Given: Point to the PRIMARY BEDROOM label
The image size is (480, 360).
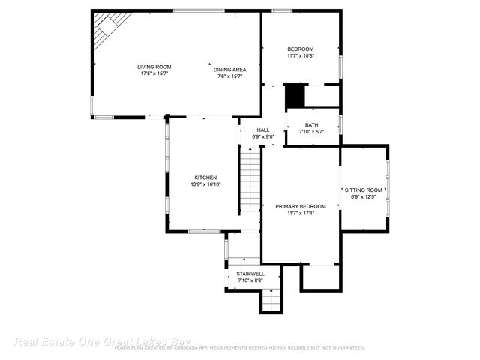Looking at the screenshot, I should click(x=300, y=206).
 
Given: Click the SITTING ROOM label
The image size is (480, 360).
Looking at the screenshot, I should click(x=367, y=190).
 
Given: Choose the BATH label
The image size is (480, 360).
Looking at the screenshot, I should click(x=311, y=125).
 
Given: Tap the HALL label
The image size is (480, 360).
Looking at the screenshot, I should click(x=263, y=130).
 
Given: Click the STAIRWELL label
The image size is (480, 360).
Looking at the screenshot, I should click(x=250, y=274).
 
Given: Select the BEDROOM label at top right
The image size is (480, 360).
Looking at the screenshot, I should click(x=300, y=49).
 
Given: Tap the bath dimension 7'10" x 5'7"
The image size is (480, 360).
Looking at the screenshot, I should click(x=311, y=132).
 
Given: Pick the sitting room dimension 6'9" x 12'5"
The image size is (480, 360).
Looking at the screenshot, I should click(x=367, y=197).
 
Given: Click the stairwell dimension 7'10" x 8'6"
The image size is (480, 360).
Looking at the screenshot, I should click(x=250, y=280).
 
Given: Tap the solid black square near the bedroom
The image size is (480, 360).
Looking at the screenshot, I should click(x=294, y=96).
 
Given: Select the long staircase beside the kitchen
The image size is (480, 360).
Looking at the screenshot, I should click(x=250, y=180).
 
